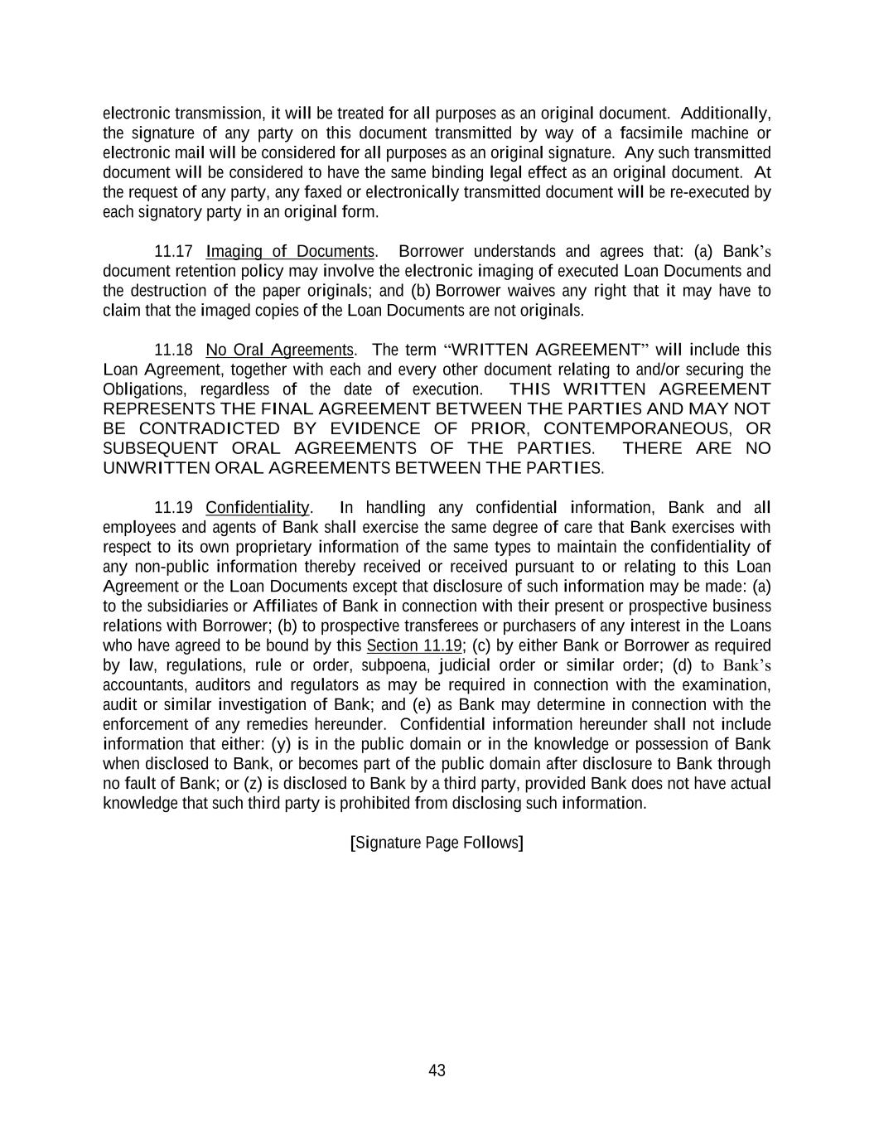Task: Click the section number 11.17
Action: tap(173, 252)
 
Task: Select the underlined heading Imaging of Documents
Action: tap(290, 252)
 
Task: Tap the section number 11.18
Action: tap(173, 350)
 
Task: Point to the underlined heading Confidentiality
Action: tap(257, 507)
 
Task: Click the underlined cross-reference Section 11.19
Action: tap(413, 645)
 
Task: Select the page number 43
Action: tap(437, 1071)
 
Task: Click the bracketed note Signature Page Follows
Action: tap(437, 843)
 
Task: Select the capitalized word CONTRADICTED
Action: tap(210, 428)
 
